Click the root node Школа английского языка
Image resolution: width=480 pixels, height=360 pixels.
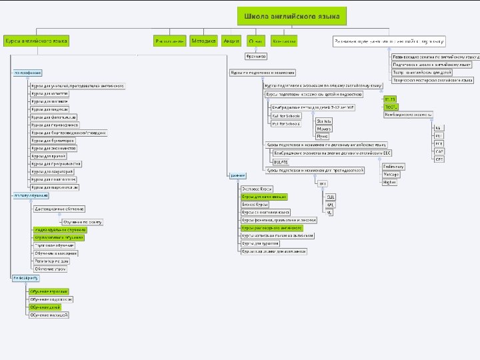(x=291, y=16)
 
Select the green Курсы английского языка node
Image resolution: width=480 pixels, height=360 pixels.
(x=36, y=41)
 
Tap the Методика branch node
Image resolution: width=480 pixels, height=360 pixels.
(x=203, y=41)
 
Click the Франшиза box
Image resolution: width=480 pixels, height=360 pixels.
(x=256, y=57)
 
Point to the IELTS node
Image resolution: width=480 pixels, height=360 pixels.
(x=390, y=99)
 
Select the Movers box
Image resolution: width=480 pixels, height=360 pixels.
(x=325, y=128)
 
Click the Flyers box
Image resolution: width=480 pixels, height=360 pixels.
(x=323, y=136)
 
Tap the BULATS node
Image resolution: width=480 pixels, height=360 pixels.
(x=281, y=161)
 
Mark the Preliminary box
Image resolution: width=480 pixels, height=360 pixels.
(x=393, y=166)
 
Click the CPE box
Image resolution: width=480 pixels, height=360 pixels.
(x=439, y=159)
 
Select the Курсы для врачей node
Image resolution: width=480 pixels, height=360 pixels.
(x=47, y=155)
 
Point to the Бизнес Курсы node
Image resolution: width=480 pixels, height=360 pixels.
(x=255, y=205)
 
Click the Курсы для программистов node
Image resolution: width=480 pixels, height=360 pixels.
(x=56, y=163)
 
